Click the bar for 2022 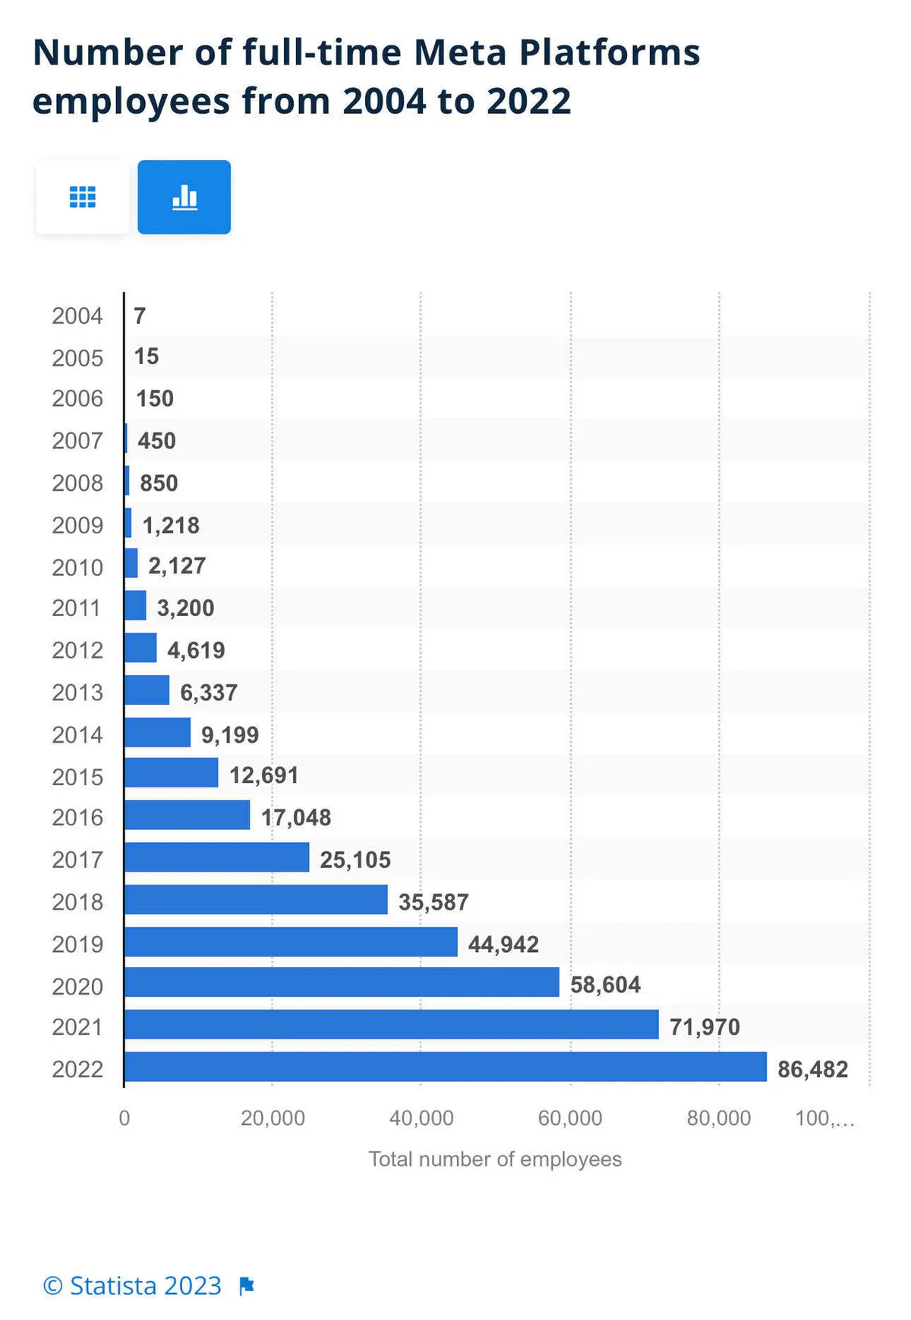pos(445,1067)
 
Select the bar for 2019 pos(291,942)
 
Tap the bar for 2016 pos(187,816)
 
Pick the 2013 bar pos(147,690)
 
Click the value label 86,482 pos(812,1069)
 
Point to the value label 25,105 pos(355,860)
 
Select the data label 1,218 pos(171,525)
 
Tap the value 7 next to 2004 pos(140,316)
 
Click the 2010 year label pos(77,567)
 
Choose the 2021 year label pos(77,1027)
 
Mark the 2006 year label pos(77,398)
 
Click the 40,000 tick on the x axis pos(421,1118)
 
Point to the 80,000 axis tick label pos(718,1118)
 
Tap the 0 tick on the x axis pos(125,1118)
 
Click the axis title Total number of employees pos(495,1159)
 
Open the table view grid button pos(82,197)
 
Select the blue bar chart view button pos(184,197)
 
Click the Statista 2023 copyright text pos(132,1286)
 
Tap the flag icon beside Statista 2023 pos(247,1287)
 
